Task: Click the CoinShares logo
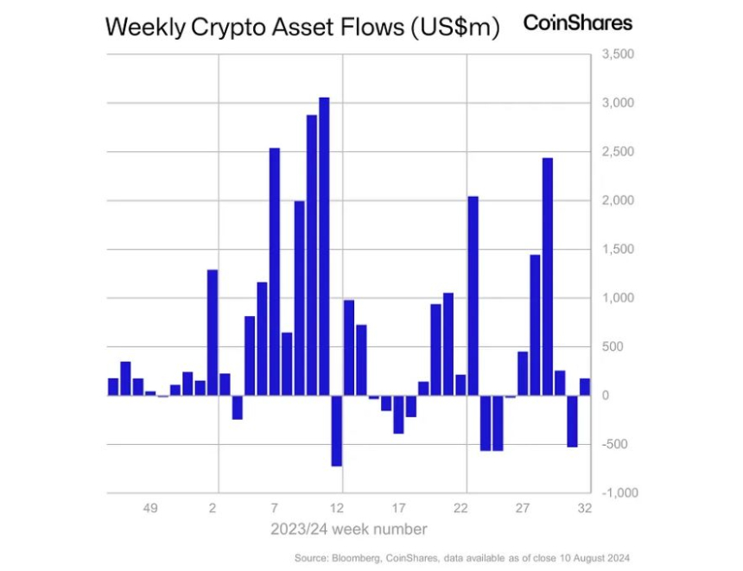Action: [x=578, y=23]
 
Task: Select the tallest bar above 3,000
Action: [x=324, y=246]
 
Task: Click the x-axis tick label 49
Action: [x=149, y=508]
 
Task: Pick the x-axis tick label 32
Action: [x=585, y=508]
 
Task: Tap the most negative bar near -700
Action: [x=337, y=430]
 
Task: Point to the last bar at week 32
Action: [x=585, y=387]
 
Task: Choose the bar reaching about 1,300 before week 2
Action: [x=213, y=333]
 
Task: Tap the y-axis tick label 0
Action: [x=606, y=396]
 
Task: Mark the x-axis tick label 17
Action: [x=398, y=508]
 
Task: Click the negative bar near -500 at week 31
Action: [x=572, y=421]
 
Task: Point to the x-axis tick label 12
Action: [x=337, y=508]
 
